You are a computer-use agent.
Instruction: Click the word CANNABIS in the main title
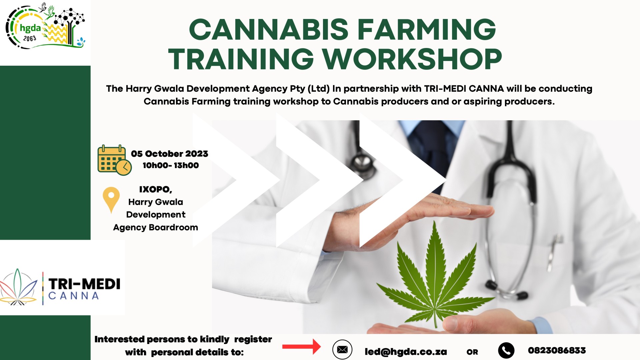pyautogui.click(x=268, y=29)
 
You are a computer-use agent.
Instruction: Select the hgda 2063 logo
pyautogui.click(x=45, y=27)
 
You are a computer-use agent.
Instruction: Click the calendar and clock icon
pyautogui.click(x=114, y=160)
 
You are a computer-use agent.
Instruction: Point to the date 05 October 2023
pyautogui.click(x=169, y=154)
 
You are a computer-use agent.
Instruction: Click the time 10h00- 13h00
pyautogui.click(x=171, y=165)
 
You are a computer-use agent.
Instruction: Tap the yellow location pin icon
pyautogui.click(x=111, y=199)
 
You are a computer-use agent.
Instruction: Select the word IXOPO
pyautogui.click(x=155, y=189)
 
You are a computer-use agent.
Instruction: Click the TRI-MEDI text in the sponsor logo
pyautogui.click(x=84, y=284)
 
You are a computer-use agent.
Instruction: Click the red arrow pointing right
pyautogui.click(x=301, y=347)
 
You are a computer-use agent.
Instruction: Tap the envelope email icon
pyautogui.click(x=342, y=350)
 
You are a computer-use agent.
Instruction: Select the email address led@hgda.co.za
pyautogui.click(x=406, y=352)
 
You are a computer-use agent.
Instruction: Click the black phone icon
pyautogui.click(x=506, y=350)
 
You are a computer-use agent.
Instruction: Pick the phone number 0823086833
pyautogui.click(x=557, y=350)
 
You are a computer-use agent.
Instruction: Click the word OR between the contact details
pyautogui.click(x=472, y=352)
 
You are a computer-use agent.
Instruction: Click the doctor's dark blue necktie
pyautogui.click(x=433, y=147)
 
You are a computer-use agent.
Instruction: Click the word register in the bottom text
pyautogui.click(x=253, y=339)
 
